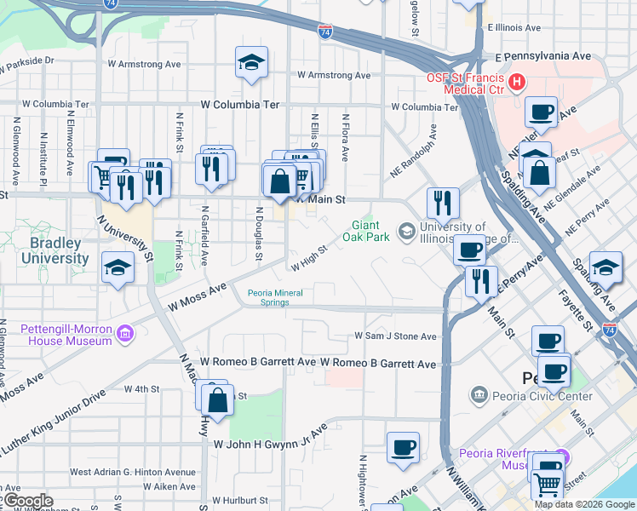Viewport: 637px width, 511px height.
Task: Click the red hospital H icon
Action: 517,83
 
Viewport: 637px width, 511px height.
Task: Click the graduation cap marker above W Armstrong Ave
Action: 251,63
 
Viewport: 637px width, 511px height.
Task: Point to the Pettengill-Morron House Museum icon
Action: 125,332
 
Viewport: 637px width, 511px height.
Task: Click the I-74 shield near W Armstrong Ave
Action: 325,32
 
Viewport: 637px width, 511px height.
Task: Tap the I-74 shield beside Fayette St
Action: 610,328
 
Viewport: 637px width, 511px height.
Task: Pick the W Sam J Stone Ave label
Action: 395,336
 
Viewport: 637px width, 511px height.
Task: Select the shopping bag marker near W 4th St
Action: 218,399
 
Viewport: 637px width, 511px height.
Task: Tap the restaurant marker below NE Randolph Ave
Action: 442,204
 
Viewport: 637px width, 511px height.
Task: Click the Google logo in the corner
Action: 27,501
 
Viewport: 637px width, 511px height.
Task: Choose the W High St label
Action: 309,258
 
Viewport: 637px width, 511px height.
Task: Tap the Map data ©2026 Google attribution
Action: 584,504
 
